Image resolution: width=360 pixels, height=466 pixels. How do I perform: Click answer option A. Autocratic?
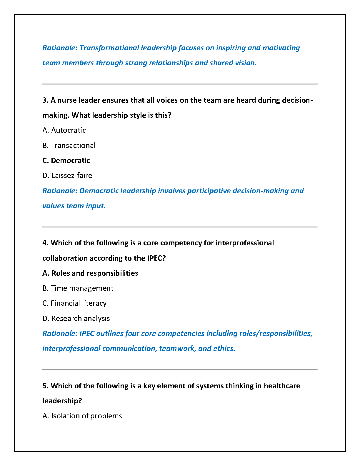(64, 130)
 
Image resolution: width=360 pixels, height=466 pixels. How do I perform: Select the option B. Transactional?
(69, 145)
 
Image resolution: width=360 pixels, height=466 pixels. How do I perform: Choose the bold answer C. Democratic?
(66, 160)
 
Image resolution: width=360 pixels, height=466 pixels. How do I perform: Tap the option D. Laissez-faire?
(67, 176)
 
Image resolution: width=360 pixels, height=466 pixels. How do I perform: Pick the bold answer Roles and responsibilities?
(90, 273)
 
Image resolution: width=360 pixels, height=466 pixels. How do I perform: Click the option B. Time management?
(78, 288)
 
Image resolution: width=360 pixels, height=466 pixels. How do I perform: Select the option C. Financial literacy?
(74, 303)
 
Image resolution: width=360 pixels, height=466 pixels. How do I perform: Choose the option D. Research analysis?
(76, 318)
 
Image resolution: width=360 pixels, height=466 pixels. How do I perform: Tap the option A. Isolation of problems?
(82, 416)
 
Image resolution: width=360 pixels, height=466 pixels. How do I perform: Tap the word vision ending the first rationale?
(246, 63)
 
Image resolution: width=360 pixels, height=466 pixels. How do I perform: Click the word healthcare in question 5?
(282, 386)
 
